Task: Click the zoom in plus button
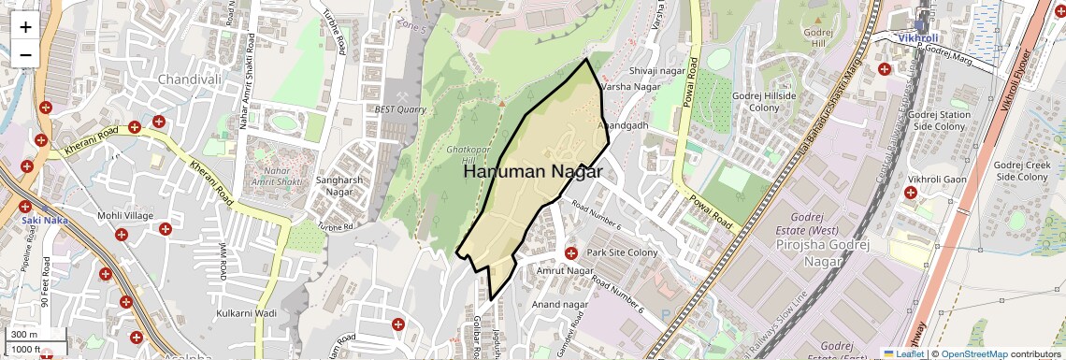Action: coord(25,26)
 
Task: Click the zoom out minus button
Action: coord(25,54)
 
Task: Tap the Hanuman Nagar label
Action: coord(532,172)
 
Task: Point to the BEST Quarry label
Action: coord(399,109)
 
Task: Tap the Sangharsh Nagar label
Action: coord(339,185)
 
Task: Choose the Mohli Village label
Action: coord(125,216)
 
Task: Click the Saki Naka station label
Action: coord(39,221)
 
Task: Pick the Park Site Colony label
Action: coord(622,253)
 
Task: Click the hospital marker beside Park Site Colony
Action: coord(570,253)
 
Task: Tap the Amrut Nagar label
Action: coord(566,270)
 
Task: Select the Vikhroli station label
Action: coord(917,38)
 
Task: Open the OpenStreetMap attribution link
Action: coord(973,353)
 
